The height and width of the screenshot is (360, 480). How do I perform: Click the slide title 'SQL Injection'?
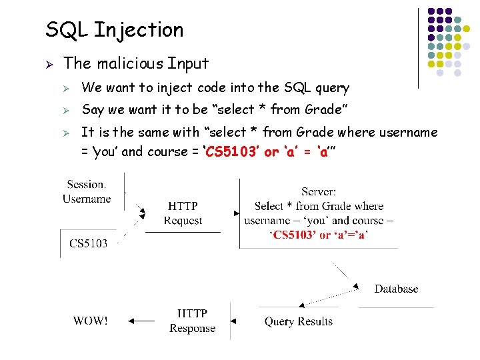(x=114, y=30)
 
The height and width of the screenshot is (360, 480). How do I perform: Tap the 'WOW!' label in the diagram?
(x=90, y=321)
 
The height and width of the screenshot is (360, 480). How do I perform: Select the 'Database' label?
(x=396, y=289)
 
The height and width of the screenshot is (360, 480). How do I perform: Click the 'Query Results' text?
(x=298, y=321)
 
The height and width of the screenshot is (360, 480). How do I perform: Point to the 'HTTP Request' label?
(x=183, y=213)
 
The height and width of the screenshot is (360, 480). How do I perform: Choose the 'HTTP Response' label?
(x=192, y=321)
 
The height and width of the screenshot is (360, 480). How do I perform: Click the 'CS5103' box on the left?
(x=88, y=243)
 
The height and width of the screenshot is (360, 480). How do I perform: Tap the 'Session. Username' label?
(x=87, y=191)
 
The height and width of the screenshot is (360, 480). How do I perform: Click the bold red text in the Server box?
(x=319, y=235)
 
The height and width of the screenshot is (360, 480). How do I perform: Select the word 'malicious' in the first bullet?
(x=130, y=64)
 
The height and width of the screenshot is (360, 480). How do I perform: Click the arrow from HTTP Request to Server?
(x=233, y=213)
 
